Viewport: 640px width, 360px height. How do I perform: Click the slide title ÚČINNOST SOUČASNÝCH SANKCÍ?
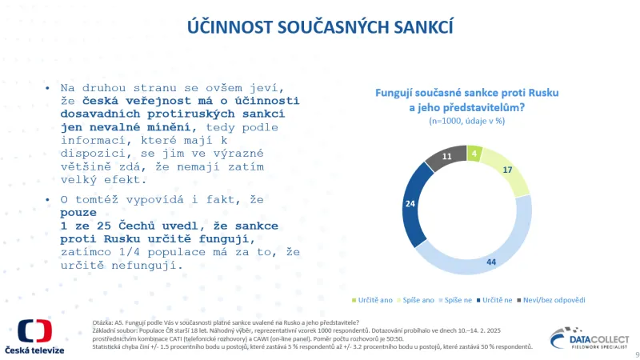pos(320,26)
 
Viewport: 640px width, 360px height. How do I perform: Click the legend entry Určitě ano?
pos(375,300)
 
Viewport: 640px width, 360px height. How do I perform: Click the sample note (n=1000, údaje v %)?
pos(466,122)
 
